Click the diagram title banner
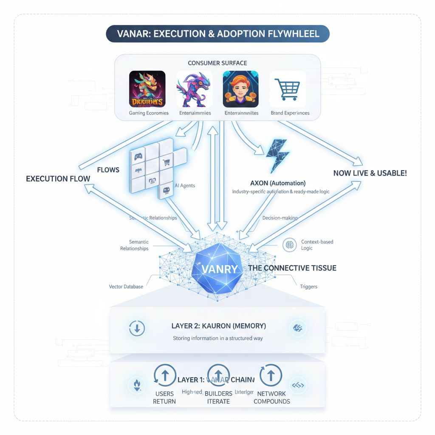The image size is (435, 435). (x=217, y=34)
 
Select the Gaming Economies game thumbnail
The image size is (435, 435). (x=147, y=89)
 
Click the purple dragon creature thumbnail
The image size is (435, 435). (x=194, y=89)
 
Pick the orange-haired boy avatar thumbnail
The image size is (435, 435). (x=241, y=89)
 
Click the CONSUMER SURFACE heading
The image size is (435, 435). (x=217, y=63)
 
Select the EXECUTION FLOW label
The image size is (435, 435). (x=58, y=179)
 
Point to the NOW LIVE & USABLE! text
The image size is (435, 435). (x=370, y=173)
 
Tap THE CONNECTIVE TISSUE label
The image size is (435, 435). (x=292, y=268)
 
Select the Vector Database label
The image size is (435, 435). (x=126, y=287)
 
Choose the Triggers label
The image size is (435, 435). (x=308, y=287)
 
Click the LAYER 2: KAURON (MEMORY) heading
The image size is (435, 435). (x=219, y=326)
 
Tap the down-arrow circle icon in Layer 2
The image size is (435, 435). (x=137, y=328)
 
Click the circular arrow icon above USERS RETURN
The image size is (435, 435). (x=165, y=375)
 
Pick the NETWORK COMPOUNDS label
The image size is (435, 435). (x=272, y=398)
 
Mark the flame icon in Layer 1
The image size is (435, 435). (x=137, y=385)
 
